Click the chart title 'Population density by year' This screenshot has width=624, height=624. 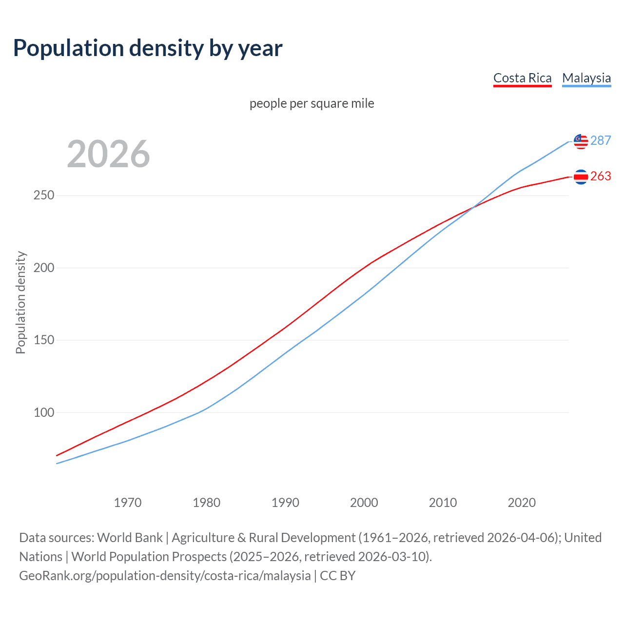148,48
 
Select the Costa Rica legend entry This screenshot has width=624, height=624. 522,78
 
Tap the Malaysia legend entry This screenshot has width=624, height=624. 586,78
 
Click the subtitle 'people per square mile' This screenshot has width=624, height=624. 312,103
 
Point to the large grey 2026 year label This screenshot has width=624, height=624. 108,154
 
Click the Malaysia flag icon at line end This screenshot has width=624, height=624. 581,141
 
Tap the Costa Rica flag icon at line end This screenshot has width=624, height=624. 581,176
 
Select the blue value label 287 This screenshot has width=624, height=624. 600,140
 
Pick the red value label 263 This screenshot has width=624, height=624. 600,176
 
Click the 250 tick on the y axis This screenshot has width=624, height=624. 44,195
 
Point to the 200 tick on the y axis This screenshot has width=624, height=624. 44,268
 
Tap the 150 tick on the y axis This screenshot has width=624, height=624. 44,340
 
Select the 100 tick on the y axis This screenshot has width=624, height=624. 44,412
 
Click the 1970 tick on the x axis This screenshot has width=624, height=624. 128,503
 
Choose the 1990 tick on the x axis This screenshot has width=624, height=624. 285,503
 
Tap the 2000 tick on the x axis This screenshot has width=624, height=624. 364,503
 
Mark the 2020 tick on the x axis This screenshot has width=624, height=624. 522,503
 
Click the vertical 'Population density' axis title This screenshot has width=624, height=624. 20,302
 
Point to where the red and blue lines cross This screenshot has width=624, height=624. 471,208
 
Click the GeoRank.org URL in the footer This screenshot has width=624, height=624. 165,576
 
